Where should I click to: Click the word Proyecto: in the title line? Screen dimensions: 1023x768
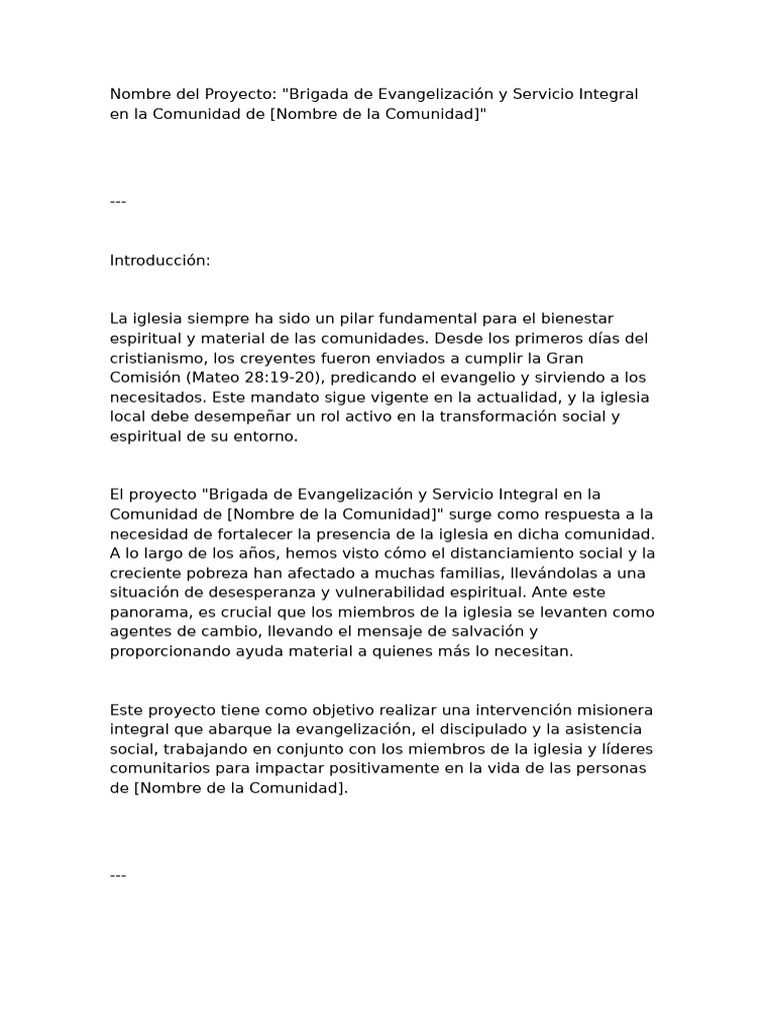(241, 94)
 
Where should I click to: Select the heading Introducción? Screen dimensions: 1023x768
(160, 260)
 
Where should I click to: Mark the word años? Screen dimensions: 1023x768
(253, 552)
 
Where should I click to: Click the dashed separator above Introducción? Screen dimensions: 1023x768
(118, 202)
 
